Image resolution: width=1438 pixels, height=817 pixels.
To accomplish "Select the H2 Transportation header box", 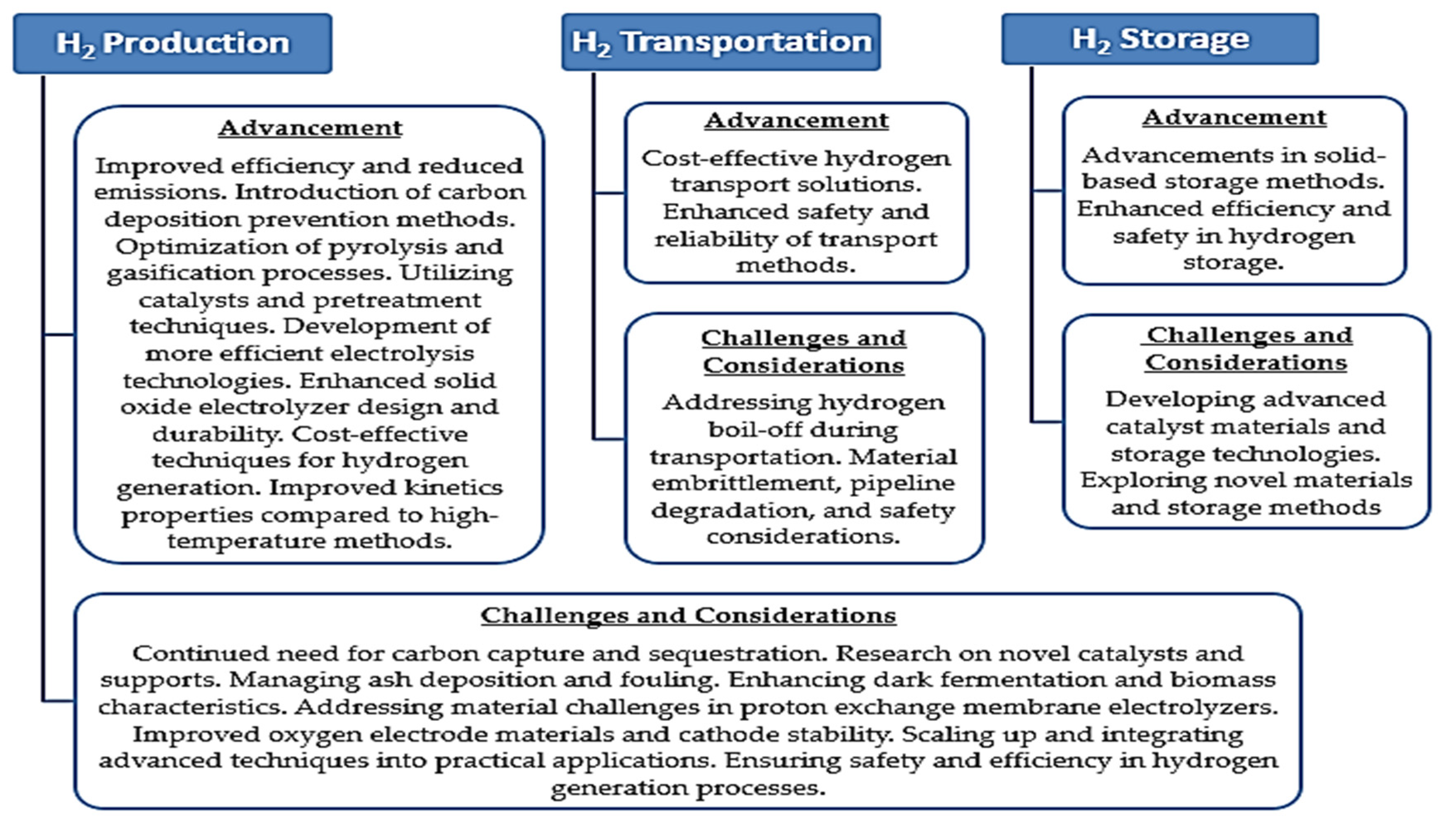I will click(x=721, y=42).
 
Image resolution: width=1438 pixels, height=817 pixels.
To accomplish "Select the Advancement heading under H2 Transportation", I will click(x=796, y=121).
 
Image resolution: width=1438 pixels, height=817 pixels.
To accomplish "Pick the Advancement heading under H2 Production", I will click(x=310, y=128).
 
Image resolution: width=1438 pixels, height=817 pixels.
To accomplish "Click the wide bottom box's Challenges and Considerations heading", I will click(x=688, y=616).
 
